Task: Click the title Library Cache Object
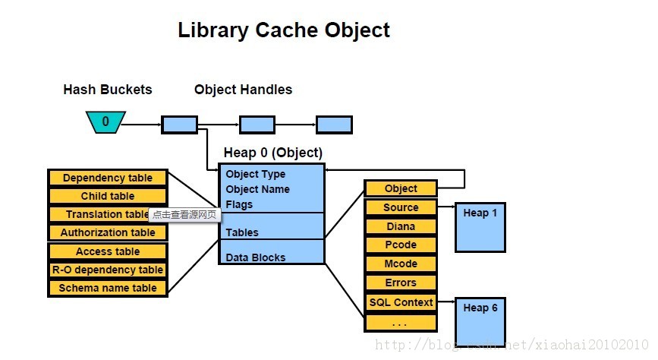point(283,30)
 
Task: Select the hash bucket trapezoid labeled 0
point(105,122)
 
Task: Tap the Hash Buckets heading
point(107,90)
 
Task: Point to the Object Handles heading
point(243,90)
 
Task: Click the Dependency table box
point(107,178)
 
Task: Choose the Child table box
point(107,196)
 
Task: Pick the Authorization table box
point(107,232)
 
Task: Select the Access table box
point(107,251)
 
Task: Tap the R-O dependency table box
point(107,270)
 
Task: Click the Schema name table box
point(107,288)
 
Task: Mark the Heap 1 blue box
point(480,227)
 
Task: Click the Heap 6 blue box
point(480,321)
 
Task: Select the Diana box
point(401,226)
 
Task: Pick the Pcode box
point(401,245)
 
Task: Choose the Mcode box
point(401,264)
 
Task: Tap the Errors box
point(401,283)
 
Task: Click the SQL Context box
point(401,302)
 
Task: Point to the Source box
point(401,207)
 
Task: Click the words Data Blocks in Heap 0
point(255,257)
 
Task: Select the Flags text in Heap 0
point(239,204)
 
